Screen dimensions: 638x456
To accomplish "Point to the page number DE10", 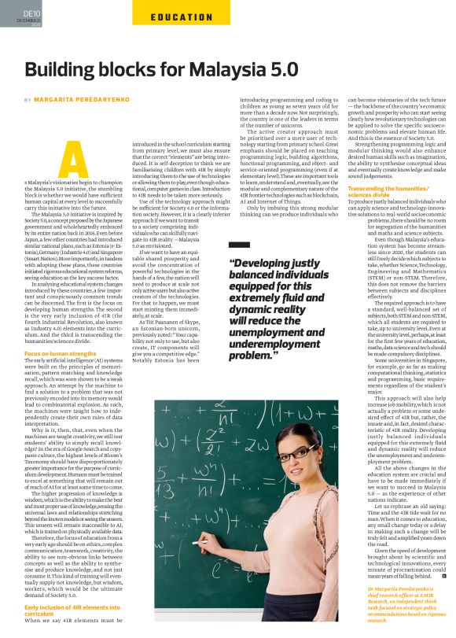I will (32, 13).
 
